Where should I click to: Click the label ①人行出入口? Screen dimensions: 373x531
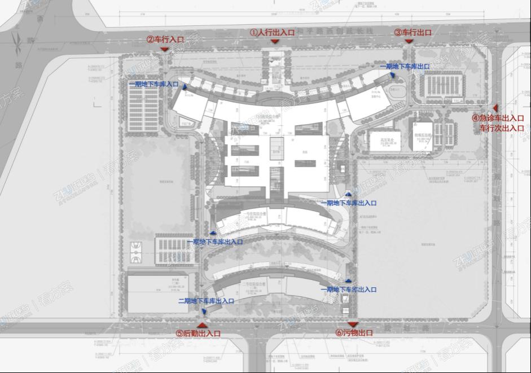[x=273, y=33]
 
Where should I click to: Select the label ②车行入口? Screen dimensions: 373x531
[x=165, y=40]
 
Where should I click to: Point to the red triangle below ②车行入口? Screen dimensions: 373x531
[x=164, y=50]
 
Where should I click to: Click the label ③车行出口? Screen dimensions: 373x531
[x=413, y=33]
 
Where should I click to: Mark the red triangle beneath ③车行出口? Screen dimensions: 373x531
[x=409, y=41]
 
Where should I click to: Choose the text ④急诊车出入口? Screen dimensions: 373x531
[x=498, y=119]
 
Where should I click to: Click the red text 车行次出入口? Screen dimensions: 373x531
[x=502, y=128]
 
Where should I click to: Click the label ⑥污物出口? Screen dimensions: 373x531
[x=354, y=333]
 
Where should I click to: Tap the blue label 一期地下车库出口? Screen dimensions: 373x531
[x=405, y=67]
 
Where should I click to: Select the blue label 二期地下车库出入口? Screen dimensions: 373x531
[x=206, y=301]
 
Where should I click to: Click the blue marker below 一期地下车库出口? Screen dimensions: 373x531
[x=391, y=75]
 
